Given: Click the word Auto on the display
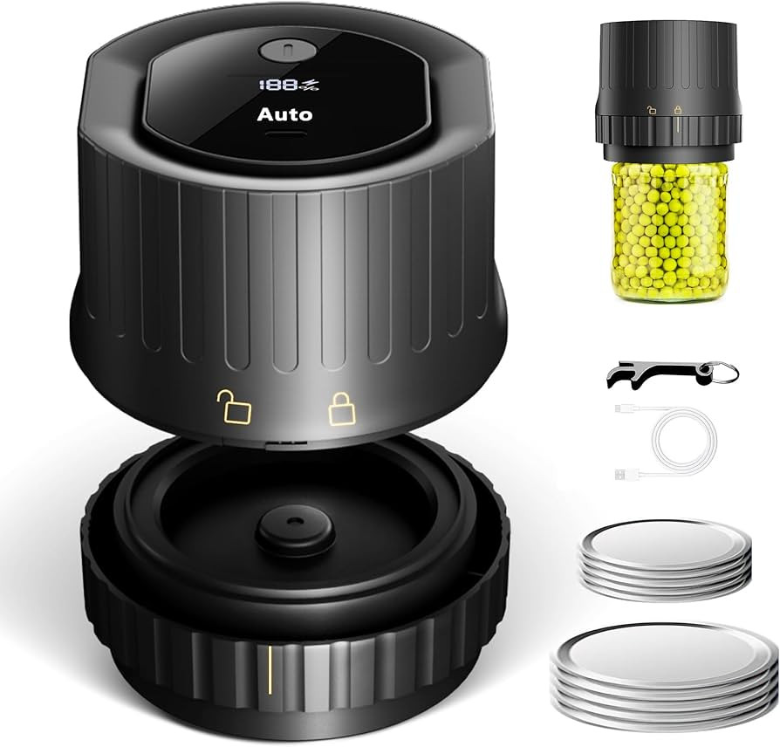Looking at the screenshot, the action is pos(284,114).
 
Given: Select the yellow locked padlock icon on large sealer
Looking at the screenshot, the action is pos(342,408).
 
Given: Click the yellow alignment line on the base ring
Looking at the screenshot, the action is pos(270,670).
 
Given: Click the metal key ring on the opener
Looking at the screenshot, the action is pos(727,373).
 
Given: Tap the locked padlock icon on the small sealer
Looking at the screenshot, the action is pos(677,110).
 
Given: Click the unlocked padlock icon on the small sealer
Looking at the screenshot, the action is pos(651,110).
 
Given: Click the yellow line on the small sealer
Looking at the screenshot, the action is pos(677,126).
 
